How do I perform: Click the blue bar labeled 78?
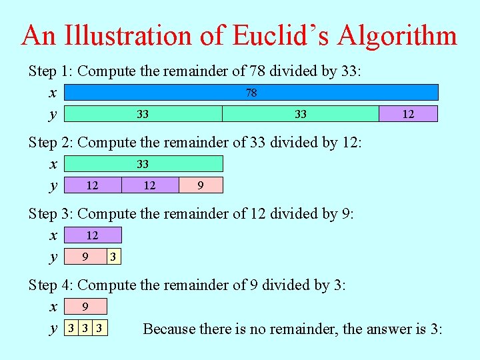(251, 93)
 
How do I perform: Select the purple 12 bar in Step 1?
(408, 114)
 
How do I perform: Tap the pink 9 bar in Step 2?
(201, 185)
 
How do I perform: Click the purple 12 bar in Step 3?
(93, 235)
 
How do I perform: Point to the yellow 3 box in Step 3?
(114, 257)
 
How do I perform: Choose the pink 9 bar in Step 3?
(85, 257)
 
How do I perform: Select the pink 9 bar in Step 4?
(85, 307)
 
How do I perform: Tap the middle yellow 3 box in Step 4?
(85, 328)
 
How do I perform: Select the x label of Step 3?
(53, 235)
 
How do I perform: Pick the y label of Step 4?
(53, 329)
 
